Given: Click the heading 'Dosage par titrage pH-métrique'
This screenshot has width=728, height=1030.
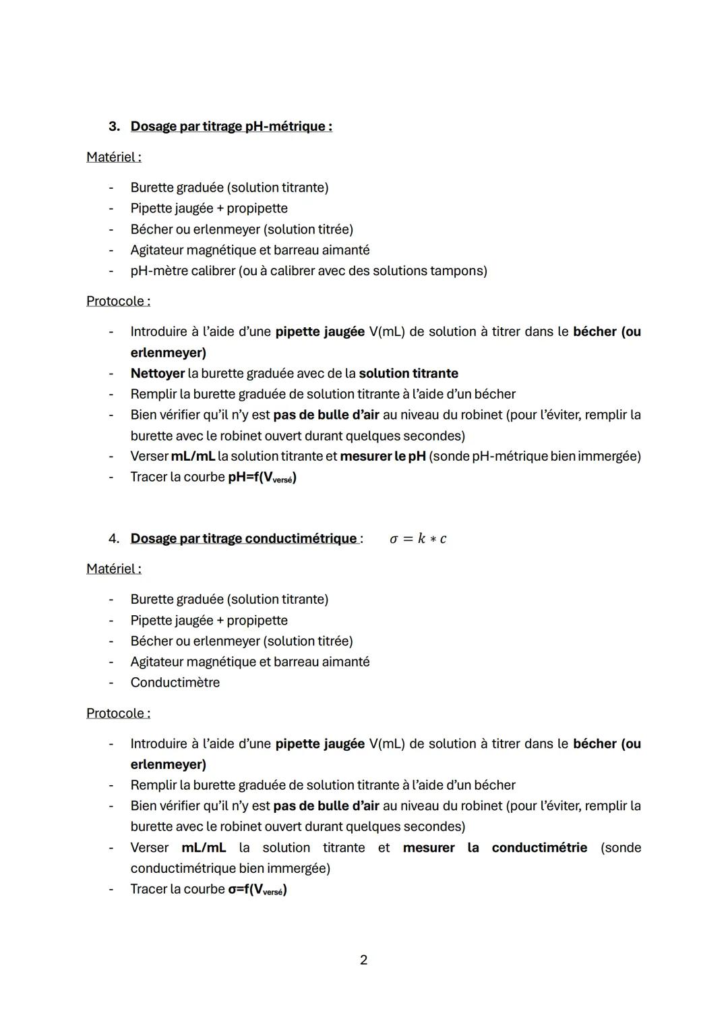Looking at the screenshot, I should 231,126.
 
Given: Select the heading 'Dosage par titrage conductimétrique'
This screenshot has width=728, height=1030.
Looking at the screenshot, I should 243,538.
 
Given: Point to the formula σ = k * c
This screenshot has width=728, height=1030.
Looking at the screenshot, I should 418,538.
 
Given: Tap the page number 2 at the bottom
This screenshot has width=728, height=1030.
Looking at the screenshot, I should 364,960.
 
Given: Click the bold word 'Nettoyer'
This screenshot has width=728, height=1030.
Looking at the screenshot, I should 157,373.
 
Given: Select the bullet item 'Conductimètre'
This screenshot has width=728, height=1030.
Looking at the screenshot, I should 175,682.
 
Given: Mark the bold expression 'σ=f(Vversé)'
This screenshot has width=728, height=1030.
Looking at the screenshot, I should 257,889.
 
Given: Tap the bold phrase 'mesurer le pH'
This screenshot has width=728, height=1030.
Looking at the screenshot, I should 383,456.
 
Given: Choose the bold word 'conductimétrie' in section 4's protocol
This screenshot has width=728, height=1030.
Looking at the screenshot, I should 539,847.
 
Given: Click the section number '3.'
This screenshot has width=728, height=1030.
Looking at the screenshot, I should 114,126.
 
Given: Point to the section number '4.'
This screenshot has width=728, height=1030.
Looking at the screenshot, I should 114,538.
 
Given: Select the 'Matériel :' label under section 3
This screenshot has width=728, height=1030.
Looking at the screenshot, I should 114,156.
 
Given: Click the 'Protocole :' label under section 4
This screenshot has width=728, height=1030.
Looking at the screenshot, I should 118,713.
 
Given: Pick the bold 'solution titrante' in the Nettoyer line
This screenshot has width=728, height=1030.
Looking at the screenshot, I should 408,373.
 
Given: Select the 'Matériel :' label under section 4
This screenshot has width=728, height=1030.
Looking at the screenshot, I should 114,569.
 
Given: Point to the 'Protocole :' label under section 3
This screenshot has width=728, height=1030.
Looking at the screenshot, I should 118,301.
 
